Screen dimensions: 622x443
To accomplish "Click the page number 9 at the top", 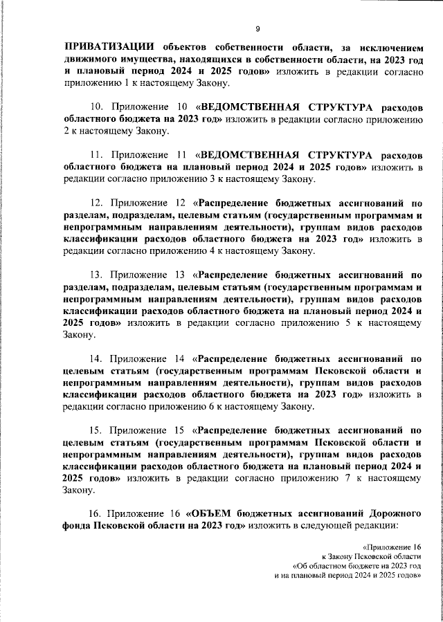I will click(257, 28).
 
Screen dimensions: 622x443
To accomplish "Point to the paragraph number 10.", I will click(98, 107).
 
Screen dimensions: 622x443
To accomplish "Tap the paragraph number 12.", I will click(98, 203).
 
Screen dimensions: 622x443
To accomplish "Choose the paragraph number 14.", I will click(98, 360).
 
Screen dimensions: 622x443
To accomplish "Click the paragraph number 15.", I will click(98, 430).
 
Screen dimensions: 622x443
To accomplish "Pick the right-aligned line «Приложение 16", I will click(393, 547).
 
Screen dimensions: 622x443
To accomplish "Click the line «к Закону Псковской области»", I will click(371, 556).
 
